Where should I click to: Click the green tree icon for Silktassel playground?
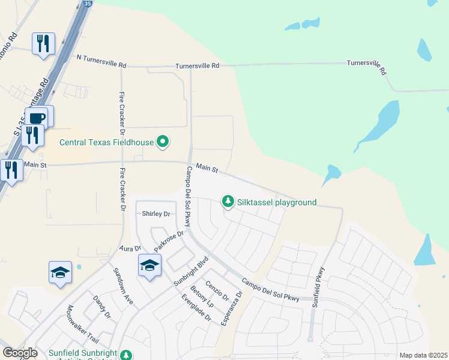click(x=228, y=202)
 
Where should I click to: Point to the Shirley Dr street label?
click(x=156, y=214)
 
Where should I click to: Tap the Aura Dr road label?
click(x=130, y=248)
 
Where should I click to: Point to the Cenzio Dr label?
click(x=217, y=292)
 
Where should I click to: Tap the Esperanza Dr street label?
click(x=232, y=309)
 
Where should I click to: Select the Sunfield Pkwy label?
click(x=318, y=287)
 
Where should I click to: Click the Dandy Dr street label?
click(x=101, y=306)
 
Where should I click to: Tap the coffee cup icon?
click(x=38, y=117)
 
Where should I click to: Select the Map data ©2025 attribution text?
click(x=423, y=355)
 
